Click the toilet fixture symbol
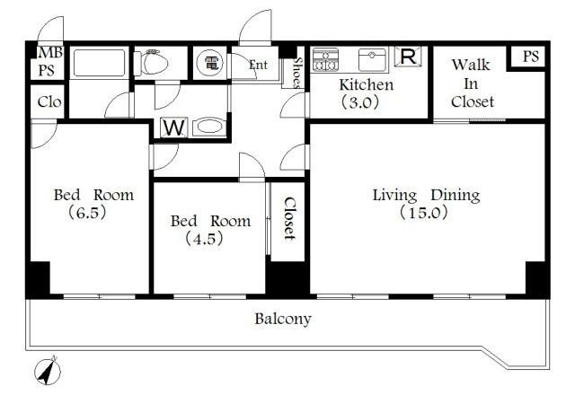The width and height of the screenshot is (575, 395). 151,62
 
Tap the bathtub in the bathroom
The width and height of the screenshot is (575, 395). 99,63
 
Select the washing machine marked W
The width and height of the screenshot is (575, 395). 173,127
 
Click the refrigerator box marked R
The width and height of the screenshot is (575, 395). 408,57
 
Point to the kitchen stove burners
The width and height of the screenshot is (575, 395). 325,60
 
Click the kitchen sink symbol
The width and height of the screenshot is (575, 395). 372,60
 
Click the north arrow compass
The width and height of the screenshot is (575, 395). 48,371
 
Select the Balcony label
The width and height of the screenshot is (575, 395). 283,319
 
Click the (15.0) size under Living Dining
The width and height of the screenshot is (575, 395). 423,212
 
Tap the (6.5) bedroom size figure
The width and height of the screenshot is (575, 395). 87,212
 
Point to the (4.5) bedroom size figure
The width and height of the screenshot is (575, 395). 204,239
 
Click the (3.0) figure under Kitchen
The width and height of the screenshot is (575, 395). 359,101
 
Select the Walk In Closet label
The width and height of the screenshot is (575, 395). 473,83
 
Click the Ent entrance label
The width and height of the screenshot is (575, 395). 258,65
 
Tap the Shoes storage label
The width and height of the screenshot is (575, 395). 297,73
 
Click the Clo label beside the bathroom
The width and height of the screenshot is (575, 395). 49,101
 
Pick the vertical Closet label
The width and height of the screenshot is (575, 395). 289,219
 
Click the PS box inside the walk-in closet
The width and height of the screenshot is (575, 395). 531,56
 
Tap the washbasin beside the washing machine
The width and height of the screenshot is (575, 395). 208,127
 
